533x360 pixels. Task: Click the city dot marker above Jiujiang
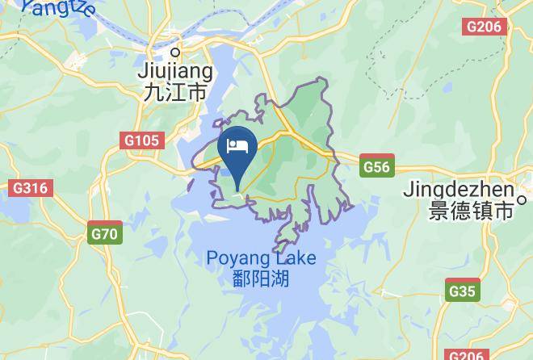[x=174, y=54]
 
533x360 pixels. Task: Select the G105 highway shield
[x=142, y=141]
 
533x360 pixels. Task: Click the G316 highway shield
[x=31, y=188]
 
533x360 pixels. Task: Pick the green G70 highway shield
[x=104, y=235]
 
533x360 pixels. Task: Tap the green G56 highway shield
[x=376, y=167]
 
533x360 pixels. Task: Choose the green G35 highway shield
[x=463, y=291]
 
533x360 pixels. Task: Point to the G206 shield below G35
[x=467, y=354]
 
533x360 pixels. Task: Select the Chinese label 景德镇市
[x=472, y=211]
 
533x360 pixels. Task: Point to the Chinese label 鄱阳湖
[x=260, y=279]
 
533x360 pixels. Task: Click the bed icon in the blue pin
[x=238, y=146]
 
